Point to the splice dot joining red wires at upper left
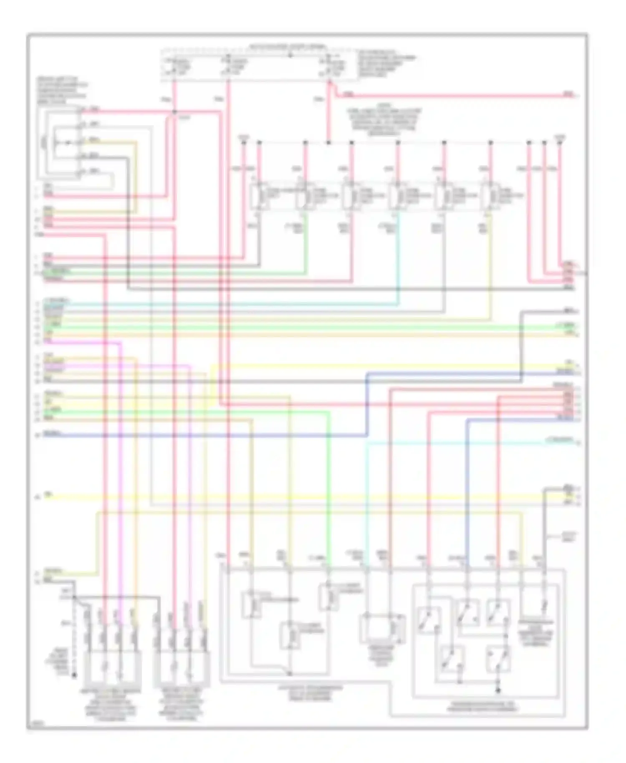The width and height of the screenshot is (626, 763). pyautogui.click(x=174, y=112)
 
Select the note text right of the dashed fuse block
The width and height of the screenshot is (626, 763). pyautogui.click(x=386, y=63)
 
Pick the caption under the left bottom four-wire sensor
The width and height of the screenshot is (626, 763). pyautogui.click(x=109, y=705)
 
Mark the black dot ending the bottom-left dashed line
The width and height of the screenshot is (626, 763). pyautogui.click(x=75, y=675)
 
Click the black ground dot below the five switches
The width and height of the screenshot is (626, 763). pyautogui.click(x=497, y=691)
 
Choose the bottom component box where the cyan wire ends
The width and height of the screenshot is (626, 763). pyautogui.click(x=382, y=628)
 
